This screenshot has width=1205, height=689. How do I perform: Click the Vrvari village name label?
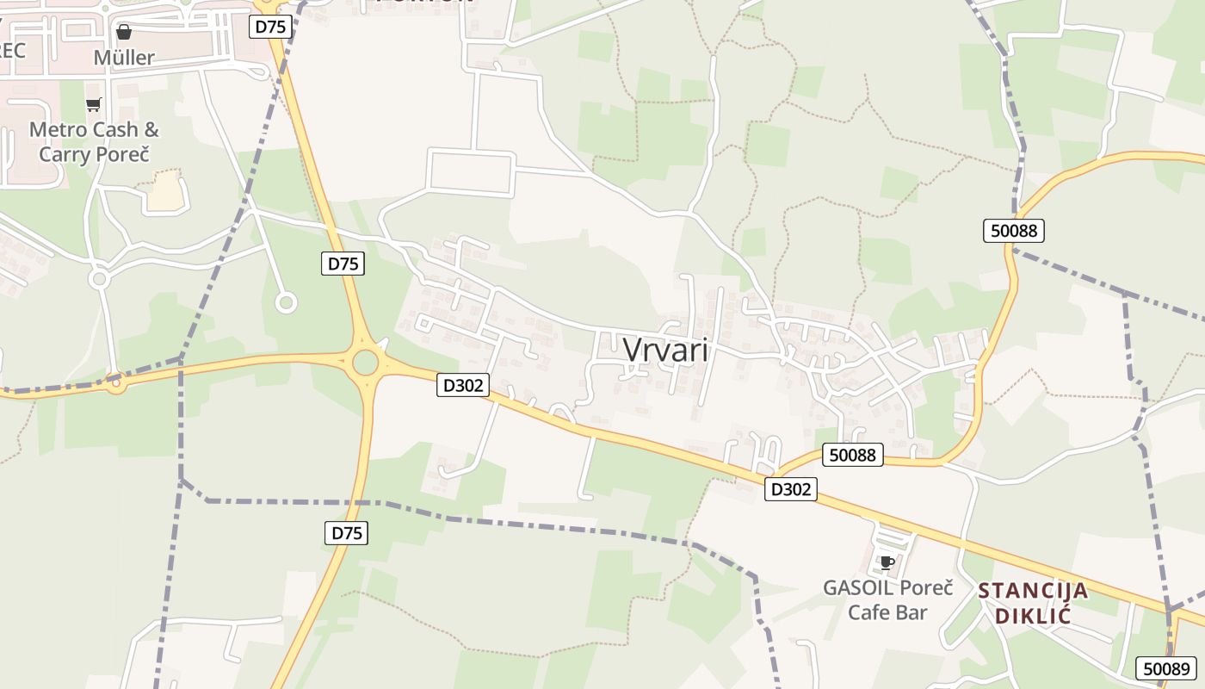pyautogui.click(x=665, y=350)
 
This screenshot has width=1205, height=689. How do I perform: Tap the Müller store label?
pyautogui.click(x=124, y=58)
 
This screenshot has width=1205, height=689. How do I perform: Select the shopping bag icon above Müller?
pyautogui.click(x=124, y=32)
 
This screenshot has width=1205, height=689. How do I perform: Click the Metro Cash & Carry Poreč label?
pyautogui.click(x=94, y=142)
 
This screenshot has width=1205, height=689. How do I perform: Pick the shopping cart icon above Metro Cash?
pyautogui.click(x=93, y=104)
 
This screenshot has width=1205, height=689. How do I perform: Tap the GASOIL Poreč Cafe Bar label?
pyautogui.click(x=888, y=599)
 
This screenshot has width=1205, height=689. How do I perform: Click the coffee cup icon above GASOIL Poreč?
pyautogui.click(x=887, y=563)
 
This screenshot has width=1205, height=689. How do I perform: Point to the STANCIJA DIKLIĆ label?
pyautogui.click(x=1033, y=603)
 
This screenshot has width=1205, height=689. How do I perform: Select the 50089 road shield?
pyautogui.click(x=1165, y=668)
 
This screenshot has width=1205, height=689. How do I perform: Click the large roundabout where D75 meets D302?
pyautogui.click(x=366, y=362)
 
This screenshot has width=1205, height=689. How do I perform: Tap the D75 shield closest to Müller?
pyautogui.click(x=271, y=27)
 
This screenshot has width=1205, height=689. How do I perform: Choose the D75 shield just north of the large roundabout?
pyautogui.click(x=343, y=264)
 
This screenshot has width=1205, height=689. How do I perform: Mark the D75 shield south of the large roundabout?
pyautogui.click(x=348, y=533)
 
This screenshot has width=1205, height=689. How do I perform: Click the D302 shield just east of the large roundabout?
pyautogui.click(x=463, y=385)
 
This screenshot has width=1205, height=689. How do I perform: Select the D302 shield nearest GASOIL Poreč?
pyautogui.click(x=790, y=489)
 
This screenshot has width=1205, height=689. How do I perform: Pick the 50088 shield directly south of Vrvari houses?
pyautogui.click(x=853, y=455)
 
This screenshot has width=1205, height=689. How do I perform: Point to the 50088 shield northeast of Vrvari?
pyautogui.click(x=1014, y=230)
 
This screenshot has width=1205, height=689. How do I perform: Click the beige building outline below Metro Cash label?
pyautogui.click(x=167, y=191)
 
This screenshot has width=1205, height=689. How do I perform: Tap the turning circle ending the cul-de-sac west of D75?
pyautogui.click(x=286, y=302)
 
